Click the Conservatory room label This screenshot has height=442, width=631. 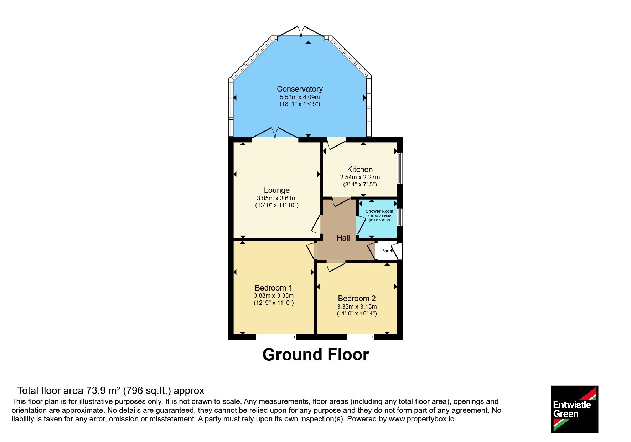click(x=300, y=89)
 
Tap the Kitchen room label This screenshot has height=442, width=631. click(x=360, y=170)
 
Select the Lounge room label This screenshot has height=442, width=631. click(x=276, y=190)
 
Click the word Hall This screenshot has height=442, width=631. click(x=343, y=238)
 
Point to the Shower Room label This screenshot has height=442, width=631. click(x=379, y=211)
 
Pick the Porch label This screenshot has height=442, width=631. click(x=387, y=251)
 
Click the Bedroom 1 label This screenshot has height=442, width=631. click(x=273, y=288)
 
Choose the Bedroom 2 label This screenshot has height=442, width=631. click(x=357, y=299)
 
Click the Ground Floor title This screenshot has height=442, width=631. click(x=316, y=355)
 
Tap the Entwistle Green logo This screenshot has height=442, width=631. click(x=574, y=409)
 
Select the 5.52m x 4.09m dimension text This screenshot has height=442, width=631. click(x=300, y=97)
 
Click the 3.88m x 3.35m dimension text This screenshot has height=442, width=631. click(x=274, y=296)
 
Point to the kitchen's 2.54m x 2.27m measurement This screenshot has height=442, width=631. click(x=360, y=178)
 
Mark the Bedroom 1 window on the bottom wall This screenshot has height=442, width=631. click(x=276, y=337)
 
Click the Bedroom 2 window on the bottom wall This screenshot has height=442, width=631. click(x=361, y=337)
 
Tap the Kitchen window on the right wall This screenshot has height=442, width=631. click(x=400, y=169)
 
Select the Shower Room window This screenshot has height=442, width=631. click(x=400, y=217)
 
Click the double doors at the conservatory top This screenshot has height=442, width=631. click(x=301, y=32)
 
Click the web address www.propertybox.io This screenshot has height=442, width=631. click(x=421, y=419)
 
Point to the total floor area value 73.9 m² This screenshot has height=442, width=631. click(x=103, y=391)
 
